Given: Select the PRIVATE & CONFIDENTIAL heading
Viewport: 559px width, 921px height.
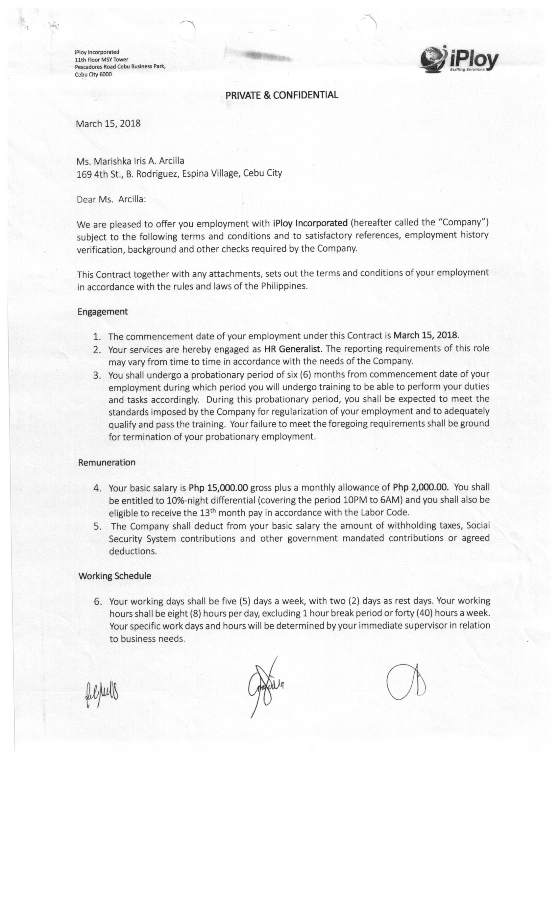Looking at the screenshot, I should click(282, 95).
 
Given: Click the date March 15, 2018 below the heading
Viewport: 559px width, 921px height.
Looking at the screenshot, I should click(108, 123).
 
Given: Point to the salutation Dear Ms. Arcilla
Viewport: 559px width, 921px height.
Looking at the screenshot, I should click(111, 199).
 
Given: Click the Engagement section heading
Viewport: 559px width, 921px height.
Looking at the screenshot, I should click(102, 312).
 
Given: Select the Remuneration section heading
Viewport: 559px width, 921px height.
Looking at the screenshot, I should click(107, 462).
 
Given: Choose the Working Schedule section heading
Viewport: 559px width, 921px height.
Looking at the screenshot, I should click(115, 576).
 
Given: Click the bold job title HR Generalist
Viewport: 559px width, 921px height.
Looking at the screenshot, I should click(292, 349).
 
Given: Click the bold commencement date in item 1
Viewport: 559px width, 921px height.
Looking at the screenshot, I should click(425, 335).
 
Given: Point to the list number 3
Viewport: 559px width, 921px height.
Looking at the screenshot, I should click(97, 375).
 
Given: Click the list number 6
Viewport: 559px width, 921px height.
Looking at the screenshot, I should click(98, 601).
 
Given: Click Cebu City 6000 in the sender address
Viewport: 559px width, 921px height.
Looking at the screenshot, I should click(93, 74).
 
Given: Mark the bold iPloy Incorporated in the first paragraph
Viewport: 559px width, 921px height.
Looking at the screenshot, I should click(310, 223).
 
